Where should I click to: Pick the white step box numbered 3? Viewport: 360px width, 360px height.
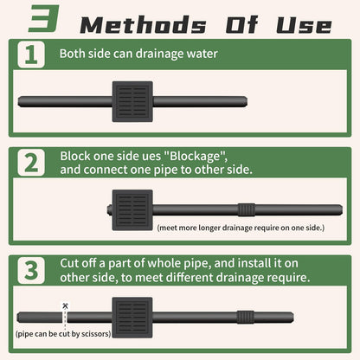[x=31, y=270]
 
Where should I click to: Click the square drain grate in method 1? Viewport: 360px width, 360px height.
[x=132, y=102]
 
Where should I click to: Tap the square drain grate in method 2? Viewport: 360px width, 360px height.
[x=132, y=209]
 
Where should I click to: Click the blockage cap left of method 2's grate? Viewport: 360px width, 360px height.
[x=108, y=209]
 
